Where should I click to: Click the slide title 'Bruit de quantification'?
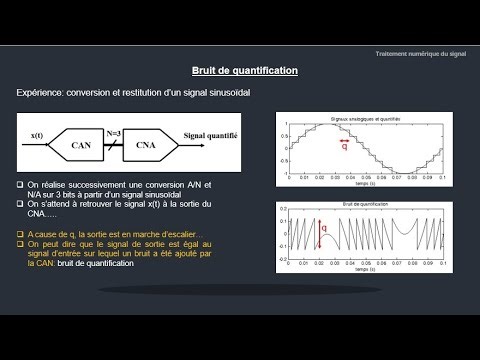point(245,71)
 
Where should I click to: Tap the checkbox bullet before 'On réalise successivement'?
point(21,186)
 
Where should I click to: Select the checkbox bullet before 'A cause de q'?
point(21,232)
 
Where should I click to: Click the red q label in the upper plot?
point(345,155)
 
